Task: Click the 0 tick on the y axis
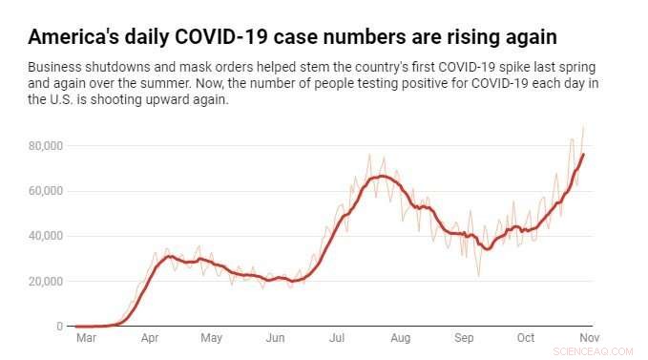click(59, 327)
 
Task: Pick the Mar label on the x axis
click(87, 339)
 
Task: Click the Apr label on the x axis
click(150, 339)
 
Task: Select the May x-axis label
click(211, 339)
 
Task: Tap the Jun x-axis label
click(275, 339)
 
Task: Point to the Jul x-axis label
click(336, 339)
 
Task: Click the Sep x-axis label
click(464, 339)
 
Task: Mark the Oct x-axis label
click(525, 339)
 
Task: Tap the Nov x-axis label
click(589, 339)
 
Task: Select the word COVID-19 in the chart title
click(211, 37)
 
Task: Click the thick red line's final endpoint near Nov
click(584, 154)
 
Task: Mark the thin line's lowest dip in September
click(479, 277)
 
